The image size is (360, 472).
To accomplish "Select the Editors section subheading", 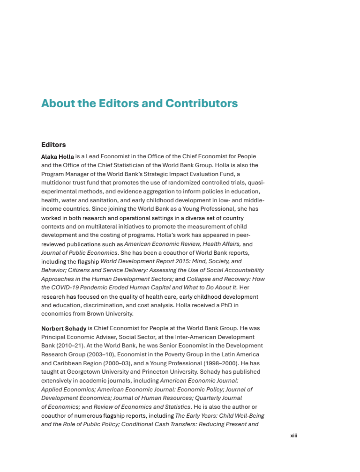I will point(53,145).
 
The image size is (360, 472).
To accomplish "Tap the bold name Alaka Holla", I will point(57,156).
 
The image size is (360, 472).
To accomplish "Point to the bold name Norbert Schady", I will point(64,328).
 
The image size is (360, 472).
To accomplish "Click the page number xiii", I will point(293,435).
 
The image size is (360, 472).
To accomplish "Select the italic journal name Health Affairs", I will point(222,244).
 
